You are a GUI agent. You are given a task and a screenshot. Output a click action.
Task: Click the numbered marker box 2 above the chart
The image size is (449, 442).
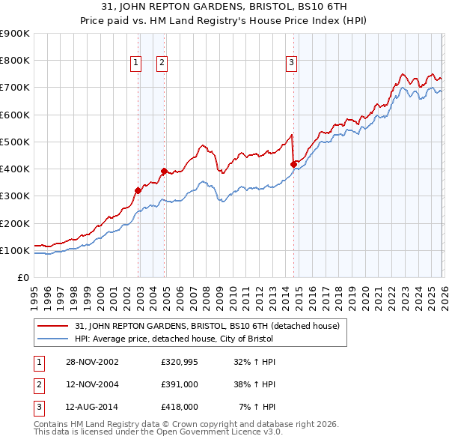tap(162, 64)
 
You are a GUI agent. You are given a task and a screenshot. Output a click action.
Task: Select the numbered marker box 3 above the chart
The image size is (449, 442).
tap(291, 64)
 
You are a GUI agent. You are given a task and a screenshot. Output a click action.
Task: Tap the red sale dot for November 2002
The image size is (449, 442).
tap(138, 190)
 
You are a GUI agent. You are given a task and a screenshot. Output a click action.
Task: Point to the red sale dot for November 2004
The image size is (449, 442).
tap(164, 172)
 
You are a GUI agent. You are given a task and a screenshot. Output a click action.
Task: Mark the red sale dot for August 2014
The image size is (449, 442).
tap(293, 164)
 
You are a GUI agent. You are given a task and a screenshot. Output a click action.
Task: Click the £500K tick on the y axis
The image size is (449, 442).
tap(15, 142)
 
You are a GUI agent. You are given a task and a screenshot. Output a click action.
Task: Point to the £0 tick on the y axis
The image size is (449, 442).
tap(24, 278)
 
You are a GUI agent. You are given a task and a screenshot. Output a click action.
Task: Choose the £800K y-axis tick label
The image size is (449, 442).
tap(15, 61)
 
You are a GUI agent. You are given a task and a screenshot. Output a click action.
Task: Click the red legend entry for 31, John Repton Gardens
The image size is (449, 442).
tap(207, 326)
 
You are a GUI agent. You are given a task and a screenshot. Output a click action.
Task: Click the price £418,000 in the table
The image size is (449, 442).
tap(179, 407)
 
